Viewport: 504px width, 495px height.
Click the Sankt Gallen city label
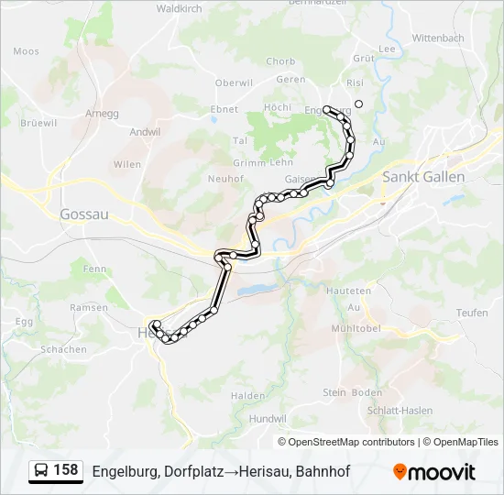pos(424,177)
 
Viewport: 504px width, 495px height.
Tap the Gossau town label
pos(84,214)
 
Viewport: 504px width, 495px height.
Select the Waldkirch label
pos(179,8)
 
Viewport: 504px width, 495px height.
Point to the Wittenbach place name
pos(439,38)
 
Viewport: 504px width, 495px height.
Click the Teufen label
pos(472,313)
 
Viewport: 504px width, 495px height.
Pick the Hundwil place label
pos(268,418)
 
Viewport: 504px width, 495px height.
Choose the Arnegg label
pos(103,114)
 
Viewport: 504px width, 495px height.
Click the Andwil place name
pos(145,132)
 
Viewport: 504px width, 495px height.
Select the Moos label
pos(27,52)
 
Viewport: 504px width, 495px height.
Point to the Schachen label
pos(63,349)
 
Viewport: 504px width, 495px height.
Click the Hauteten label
pos(348,291)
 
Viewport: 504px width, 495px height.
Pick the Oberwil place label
pos(234,82)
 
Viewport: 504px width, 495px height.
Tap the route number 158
pos(66,470)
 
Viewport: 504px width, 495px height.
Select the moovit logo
pos(434,471)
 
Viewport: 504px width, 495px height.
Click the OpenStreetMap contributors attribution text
pos(352,442)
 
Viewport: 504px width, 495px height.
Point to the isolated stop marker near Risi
pos(359,104)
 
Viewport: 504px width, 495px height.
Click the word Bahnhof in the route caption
pos(323,471)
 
